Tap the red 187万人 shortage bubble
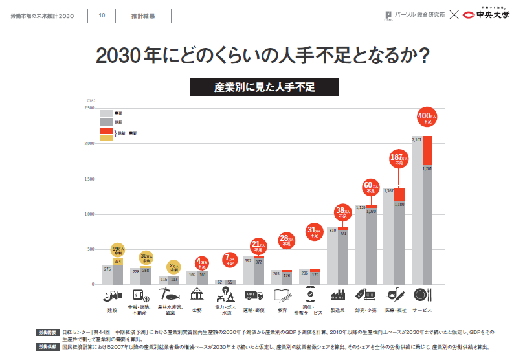(x=399, y=159)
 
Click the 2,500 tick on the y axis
(x=90, y=108)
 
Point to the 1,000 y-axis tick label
(x=90, y=214)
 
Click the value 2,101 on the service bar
(x=417, y=139)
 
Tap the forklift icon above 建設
(x=112, y=295)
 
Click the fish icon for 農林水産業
(x=170, y=295)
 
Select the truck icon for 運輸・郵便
(x=254, y=295)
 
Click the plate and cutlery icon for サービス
(x=422, y=295)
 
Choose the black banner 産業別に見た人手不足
(x=264, y=87)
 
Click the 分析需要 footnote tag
(x=46, y=332)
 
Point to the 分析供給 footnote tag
(x=46, y=347)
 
